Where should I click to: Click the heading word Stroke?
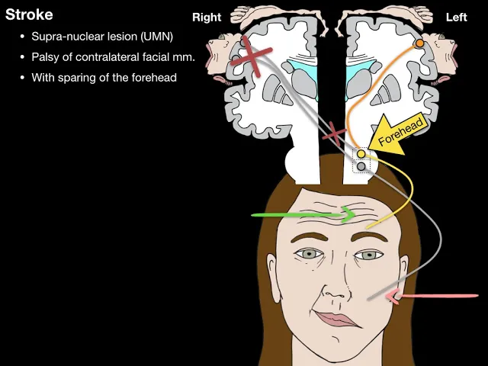tap(29, 14)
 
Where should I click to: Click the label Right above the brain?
tap(207, 18)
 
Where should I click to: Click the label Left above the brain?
tap(456, 18)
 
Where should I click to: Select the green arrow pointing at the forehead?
tap(305, 215)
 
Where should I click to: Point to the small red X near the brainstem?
tap(333, 136)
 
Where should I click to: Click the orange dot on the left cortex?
tap(419, 44)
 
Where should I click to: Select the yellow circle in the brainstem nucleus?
tap(361, 154)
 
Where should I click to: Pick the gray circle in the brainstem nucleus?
tap(361, 165)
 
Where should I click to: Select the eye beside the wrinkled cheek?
tap(309, 254)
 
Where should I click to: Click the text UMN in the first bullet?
tap(159, 37)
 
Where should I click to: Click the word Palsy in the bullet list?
tap(45, 57)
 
